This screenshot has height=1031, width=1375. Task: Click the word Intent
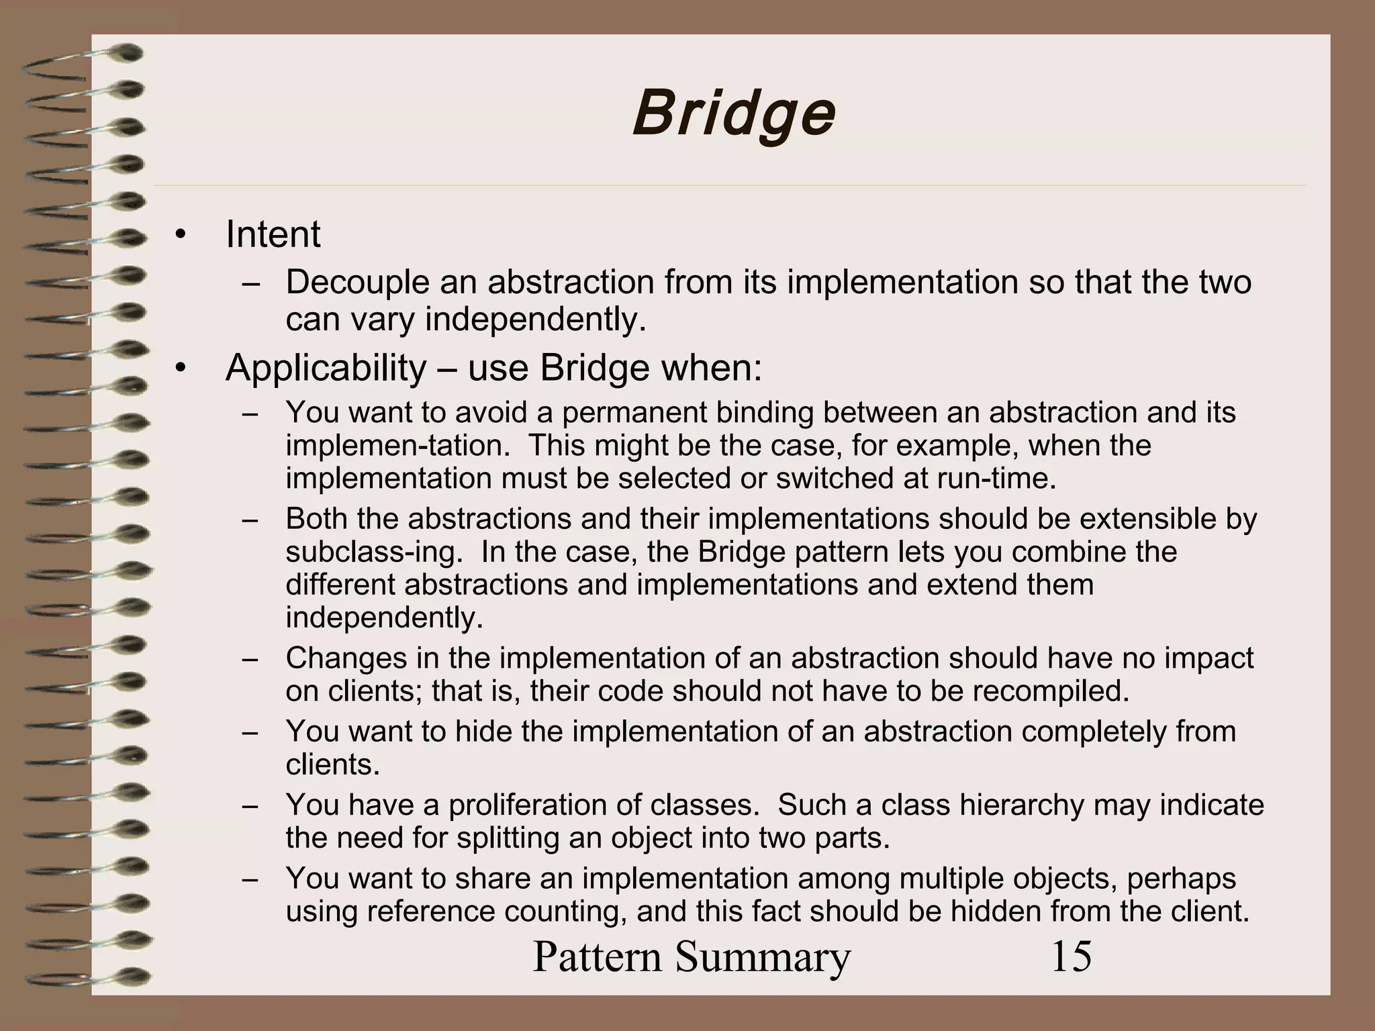(x=273, y=234)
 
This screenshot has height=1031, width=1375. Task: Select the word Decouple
(x=357, y=282)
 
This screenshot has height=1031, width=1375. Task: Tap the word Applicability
(x=326, y=368)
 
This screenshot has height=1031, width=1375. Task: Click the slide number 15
(x=1071, y=956)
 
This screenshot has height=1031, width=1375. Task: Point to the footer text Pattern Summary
(x=692, y=956)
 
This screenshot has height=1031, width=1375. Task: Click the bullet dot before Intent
(x=179, y=235)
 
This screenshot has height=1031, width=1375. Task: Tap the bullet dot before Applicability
(x=179, y=369)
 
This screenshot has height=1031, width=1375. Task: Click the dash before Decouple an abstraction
(x=251, y=283)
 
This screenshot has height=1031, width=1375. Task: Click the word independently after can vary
(x=535, y=320)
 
